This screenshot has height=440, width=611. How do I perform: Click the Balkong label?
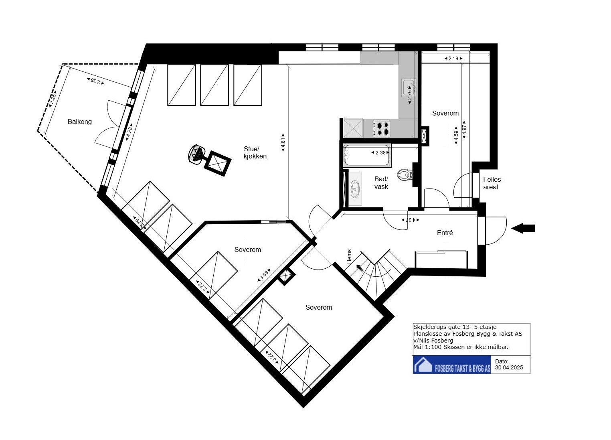coord(79,122)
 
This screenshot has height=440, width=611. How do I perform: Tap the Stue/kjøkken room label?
coord(255,152)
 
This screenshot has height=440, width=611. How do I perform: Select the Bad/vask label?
coord(381,183)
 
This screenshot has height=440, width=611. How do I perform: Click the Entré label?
coord(445,233)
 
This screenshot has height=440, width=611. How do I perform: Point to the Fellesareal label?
coord(493,183)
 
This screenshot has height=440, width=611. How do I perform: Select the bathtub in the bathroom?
coord(366,156)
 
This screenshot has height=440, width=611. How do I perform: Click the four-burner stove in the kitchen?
coord(381,128)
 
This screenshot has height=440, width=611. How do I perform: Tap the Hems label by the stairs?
coord(350,257)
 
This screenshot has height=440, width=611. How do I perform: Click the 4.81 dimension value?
coord(283,142)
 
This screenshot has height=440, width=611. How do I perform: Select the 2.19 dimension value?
coord(453,59)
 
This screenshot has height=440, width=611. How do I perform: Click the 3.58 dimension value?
coord(264,275)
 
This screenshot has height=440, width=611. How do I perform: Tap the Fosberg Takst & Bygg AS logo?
coord(452,365)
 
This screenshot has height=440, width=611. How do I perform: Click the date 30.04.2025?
coord(509,367)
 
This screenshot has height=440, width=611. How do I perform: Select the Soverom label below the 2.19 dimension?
coord(445,114)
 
